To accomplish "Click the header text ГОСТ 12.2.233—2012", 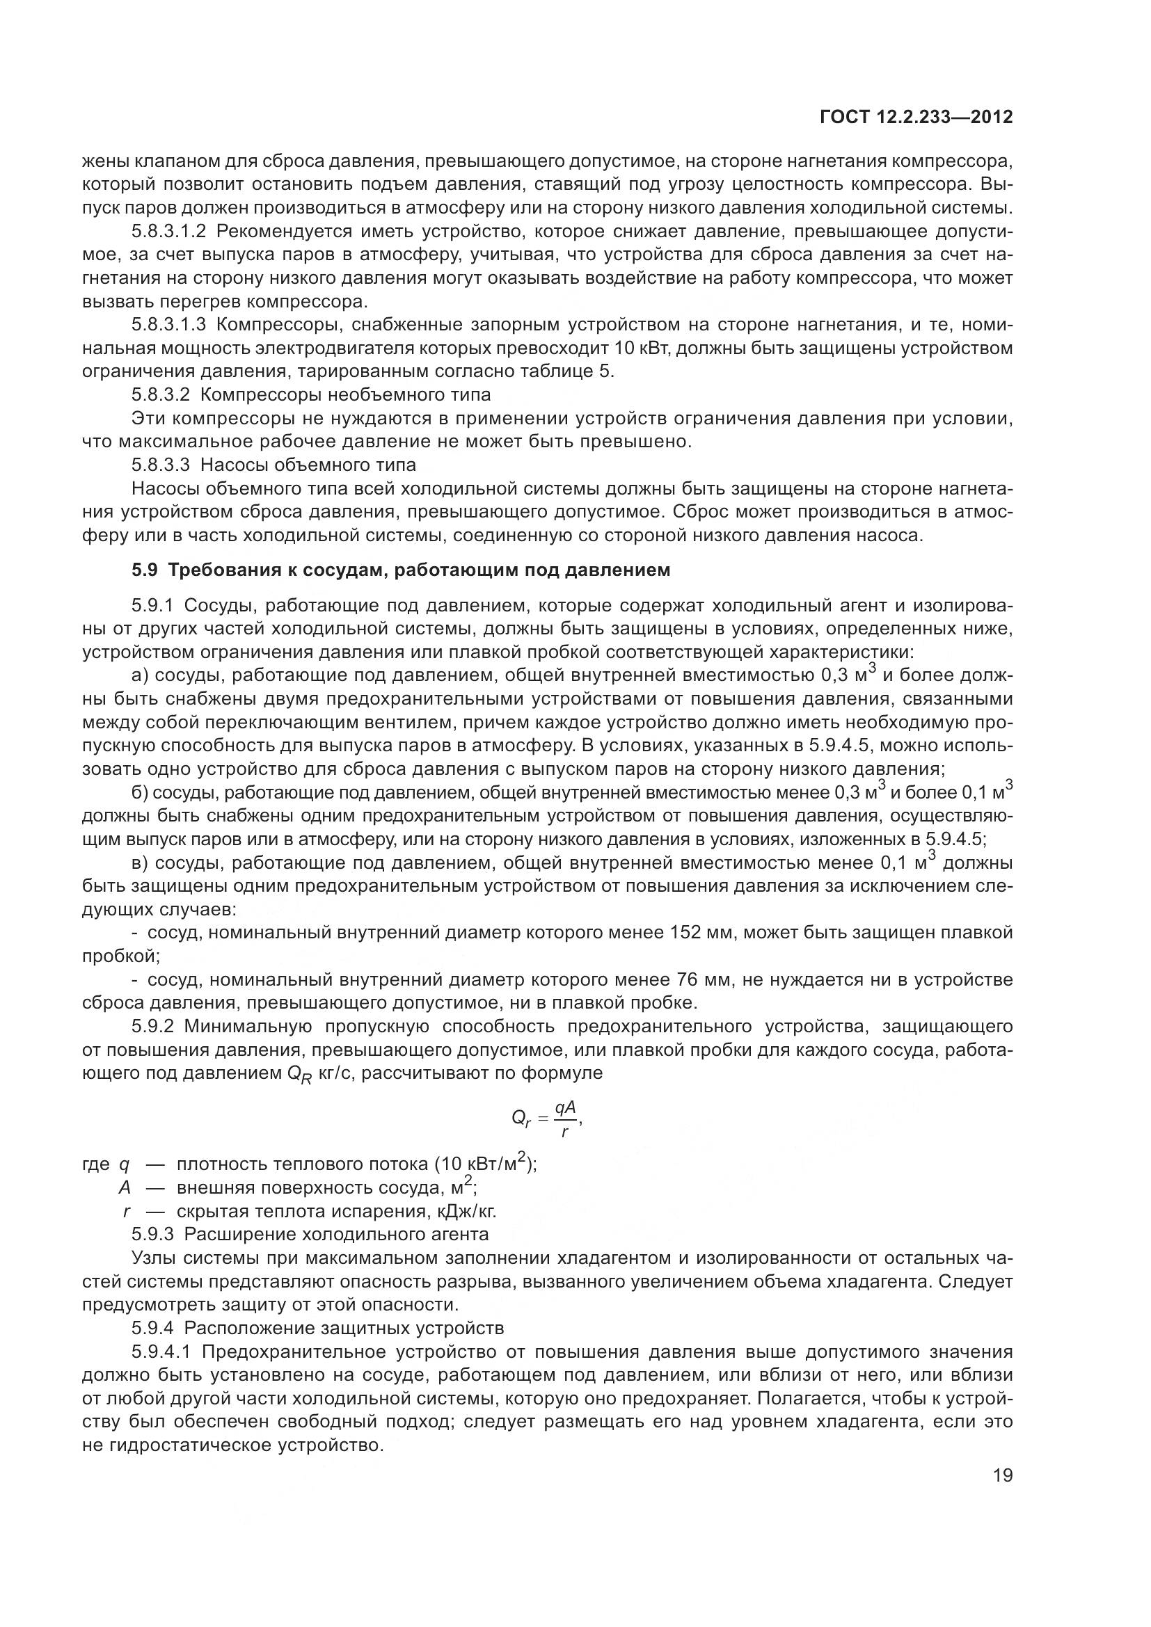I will pyautogui.click(x=916, y=117).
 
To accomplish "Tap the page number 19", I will pyautogui.click(x=1003, y=1475).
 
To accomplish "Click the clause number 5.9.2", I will pyautogui.click(x=152, y=1027).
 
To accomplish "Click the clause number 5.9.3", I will pyautogui.click(x=152, y=1235).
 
